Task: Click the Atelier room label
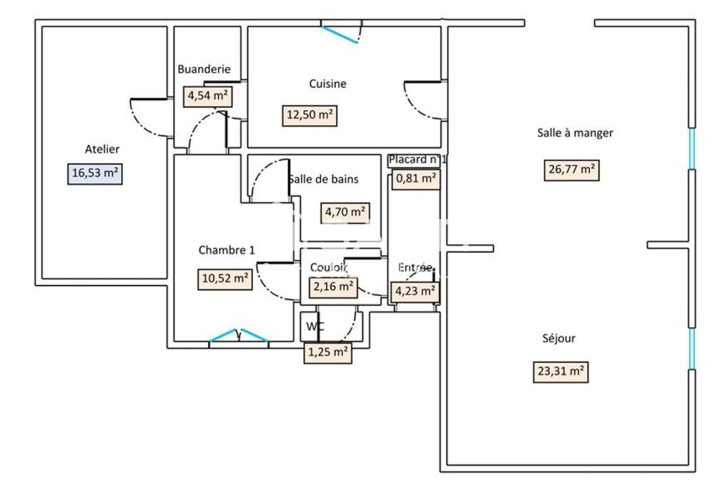pyautogui.click(x=102, y=149)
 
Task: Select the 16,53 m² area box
pyautogui.click(x=95, y=174)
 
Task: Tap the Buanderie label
pyautogui.click(x=204, y=69)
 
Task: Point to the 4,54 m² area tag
pyautogui.click(x=207, y=96)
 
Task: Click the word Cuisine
pyautogui.click(x=327, y=84)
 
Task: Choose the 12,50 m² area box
pyautogui.click(x=310, y=116)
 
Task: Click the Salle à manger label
pyautogui.click(x=575, y=132)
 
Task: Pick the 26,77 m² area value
pyautogui.click(x=571, y=169)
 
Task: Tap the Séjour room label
pyautogui.click(x=558, y=339)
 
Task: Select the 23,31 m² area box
pyautogui.click(x=561, y=372)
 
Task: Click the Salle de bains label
pyautogui.click(x=323, y=179)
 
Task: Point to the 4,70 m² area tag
pyautogui.click(x=346, y=211)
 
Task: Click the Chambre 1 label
pyautogui.click(x=226, y=250)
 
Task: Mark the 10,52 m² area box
pyautogui.click(x=225, y=279)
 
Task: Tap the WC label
pyautogui.click(x=315, y=327)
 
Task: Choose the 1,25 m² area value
pyautogui.click(x=327, y=352)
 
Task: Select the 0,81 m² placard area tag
pyautogui.click(x=416, y=179)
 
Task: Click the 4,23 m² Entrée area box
pyautogui.click(x=415, y=291)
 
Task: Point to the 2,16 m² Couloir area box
pyautogui.click(x=332, y=287)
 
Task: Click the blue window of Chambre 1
pyautogui.click(x=238, y=336)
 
